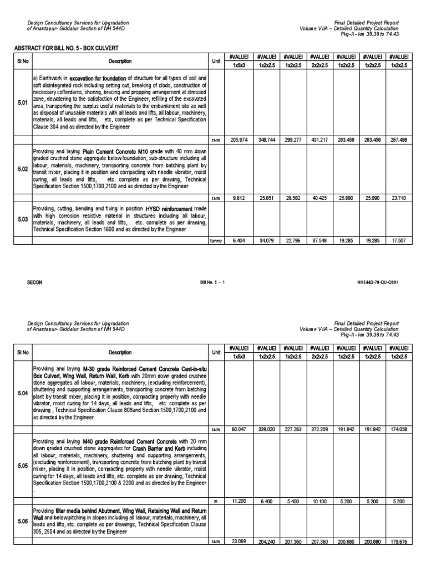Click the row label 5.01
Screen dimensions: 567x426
(22, 103)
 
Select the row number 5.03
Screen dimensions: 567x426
(22, 219)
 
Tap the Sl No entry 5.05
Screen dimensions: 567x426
(22, 466)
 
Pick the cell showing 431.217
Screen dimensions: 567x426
(319, 140)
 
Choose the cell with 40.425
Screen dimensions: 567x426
(319, 198)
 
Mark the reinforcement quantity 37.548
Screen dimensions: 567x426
(319, 241)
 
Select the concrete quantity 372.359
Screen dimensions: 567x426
(319, 430)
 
